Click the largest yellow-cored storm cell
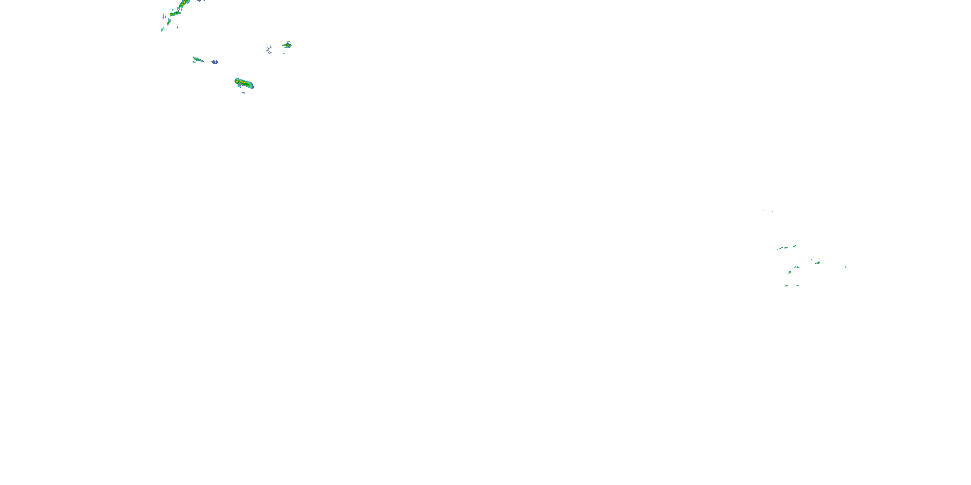(243, 82)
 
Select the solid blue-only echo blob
(215, 62)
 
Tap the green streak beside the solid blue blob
(197, 59)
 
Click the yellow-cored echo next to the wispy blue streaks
(287, 45)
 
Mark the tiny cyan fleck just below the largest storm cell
(243, 92)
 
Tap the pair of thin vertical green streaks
(164, 16)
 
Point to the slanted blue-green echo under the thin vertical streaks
(169, 22)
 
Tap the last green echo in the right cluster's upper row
(795, 246)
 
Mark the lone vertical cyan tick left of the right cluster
(733, 226)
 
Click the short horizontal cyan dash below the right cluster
(767, 289)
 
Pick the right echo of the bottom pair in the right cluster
(797, 286)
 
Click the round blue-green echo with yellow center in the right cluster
(790, 272)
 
